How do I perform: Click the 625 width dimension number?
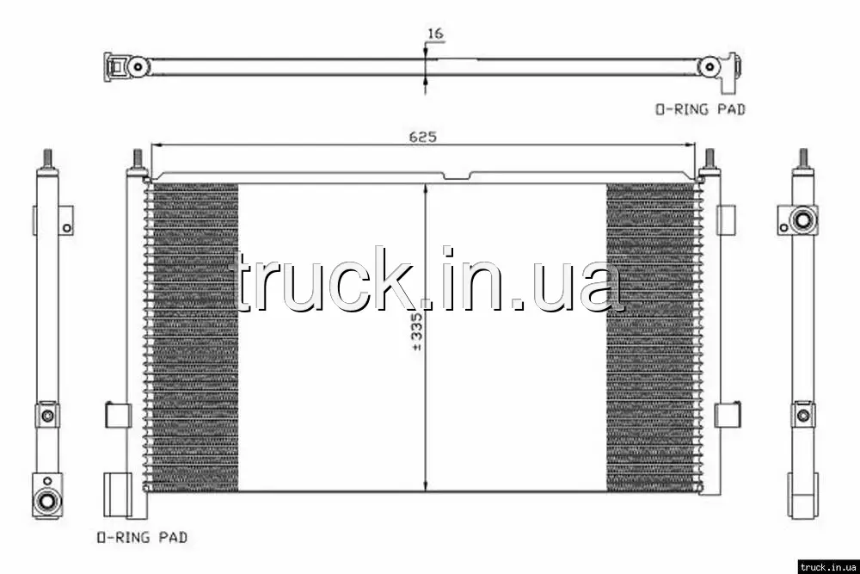[422, 137]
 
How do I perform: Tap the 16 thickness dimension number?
[435, 34]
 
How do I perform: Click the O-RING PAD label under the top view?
[700, 109]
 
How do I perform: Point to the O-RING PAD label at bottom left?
[142, 537]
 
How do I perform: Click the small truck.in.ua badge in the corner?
[829, 566]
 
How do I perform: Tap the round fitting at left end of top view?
[138, 67]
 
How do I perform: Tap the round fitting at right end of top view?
[709, 67]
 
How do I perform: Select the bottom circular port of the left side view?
[46, 501]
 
